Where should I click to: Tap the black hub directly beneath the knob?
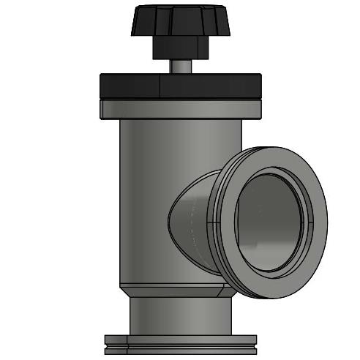pyautogui.click(x=181, y=50)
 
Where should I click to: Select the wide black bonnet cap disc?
pyautogui.click(x=180, y=87)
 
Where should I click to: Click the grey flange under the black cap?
pyautogui.click(x=180, y=109)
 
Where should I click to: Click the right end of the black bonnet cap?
pyautogui.click(x=260, y=87)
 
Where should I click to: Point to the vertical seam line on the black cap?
pyautogui.click(x=160, y=87)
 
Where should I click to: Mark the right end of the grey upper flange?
pyautogui.click(x=259, y=109)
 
